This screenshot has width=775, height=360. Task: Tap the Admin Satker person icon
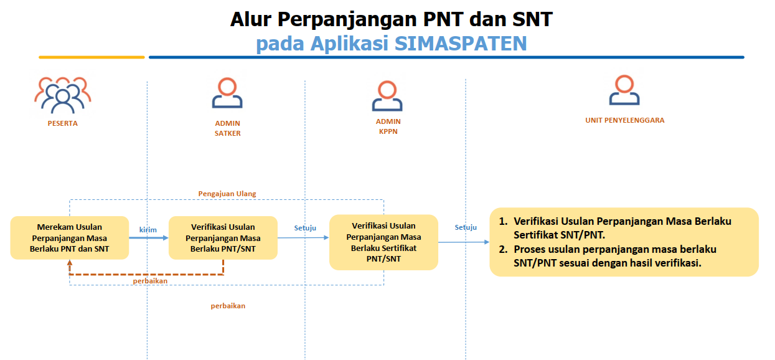[x=227, y=94]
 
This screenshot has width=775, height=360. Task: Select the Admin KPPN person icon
[x=387, y=95]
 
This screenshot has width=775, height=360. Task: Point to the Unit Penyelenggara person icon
[x=624, y=91]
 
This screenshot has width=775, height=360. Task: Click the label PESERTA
[x=63, y=123]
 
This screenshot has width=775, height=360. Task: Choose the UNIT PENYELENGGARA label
[x=625, y=120]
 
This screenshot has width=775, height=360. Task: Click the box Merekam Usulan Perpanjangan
[x=69, y=238]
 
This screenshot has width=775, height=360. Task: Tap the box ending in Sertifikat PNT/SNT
[x=383, y=242]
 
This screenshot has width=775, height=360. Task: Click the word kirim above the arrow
[x=148, y=230]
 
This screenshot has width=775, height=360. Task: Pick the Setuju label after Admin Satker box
[x=305, y=228]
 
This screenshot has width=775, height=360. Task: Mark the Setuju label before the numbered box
[x=466, y=227]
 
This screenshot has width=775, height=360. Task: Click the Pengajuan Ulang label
[x=227, y=194]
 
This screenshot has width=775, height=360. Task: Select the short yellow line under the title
[x=92, y=57]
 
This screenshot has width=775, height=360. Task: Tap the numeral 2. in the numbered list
[x=504, y=249]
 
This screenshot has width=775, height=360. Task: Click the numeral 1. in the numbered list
[x=504, y=222]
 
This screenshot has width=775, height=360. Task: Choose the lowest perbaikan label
[x=228, y=306]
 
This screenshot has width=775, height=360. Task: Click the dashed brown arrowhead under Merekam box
[x=70, y=263]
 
